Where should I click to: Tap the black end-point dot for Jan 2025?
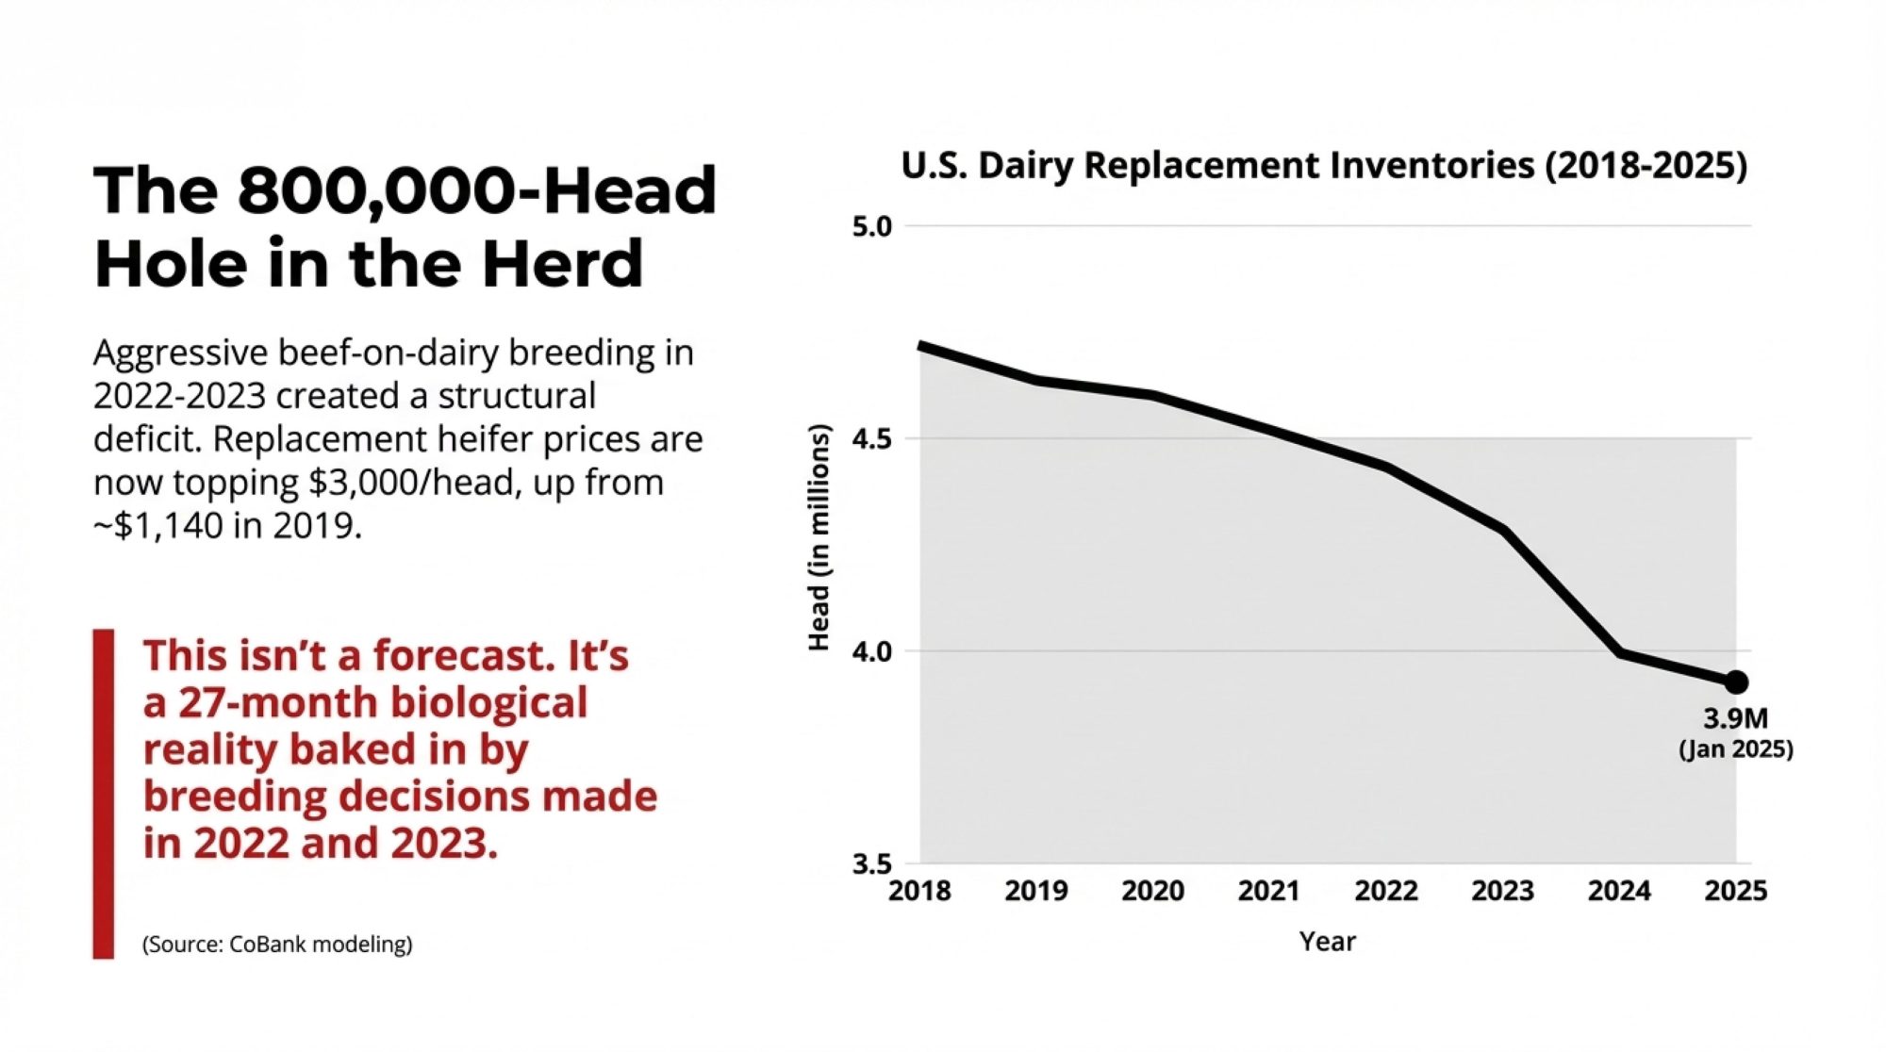[1736, 682]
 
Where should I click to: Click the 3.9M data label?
[1735, 719]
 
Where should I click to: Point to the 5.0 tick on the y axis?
[871, 227]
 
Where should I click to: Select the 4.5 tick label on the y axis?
[871, 439]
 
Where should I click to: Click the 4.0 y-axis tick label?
[871, 651]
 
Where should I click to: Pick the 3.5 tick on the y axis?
[871, 863]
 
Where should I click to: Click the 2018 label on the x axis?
[919, 891]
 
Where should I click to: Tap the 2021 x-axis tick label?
[1269, 891]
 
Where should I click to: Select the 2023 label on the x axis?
[1502, 891]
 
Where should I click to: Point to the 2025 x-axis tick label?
[1736, 891]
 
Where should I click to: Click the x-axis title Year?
[1328, 941]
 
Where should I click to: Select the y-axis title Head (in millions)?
[819, 537]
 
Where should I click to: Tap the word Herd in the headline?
[563, 263]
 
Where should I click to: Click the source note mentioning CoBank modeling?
[277, 944]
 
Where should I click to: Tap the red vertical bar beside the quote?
[103, 794]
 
